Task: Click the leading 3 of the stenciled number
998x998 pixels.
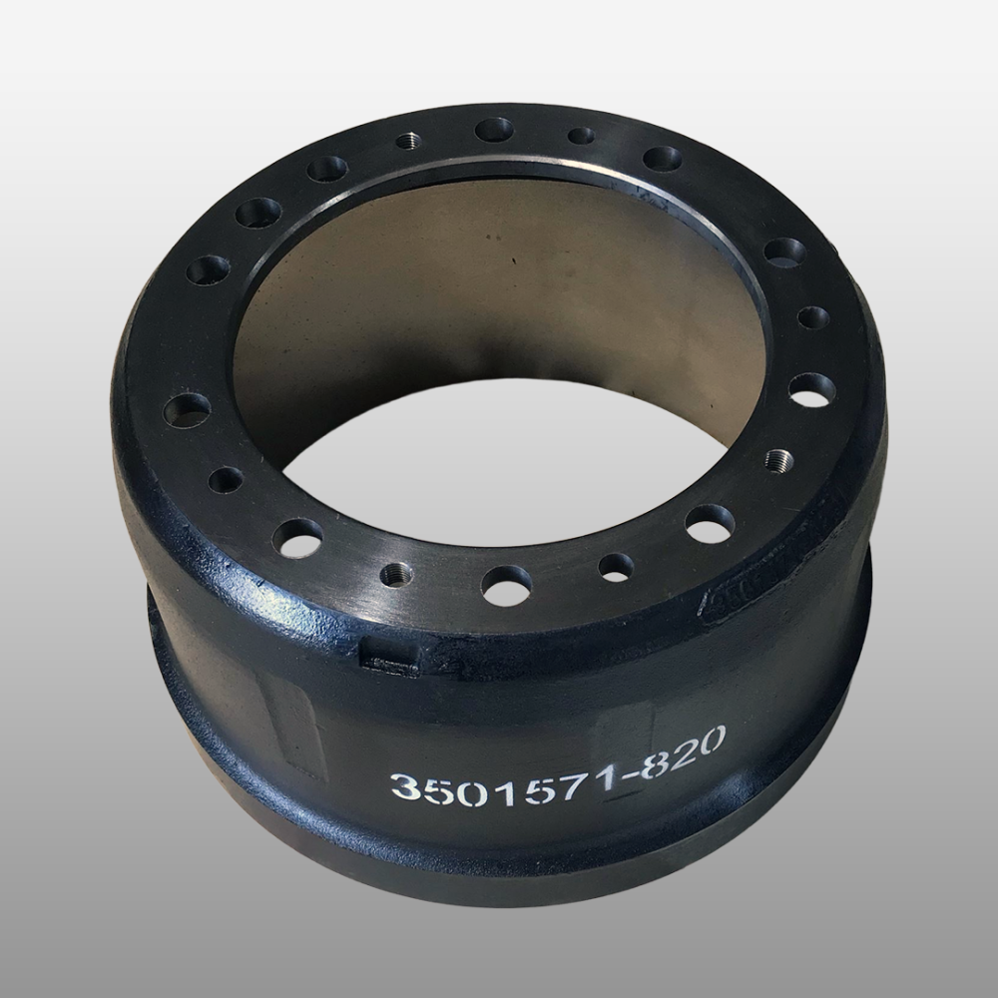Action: click(406, 788)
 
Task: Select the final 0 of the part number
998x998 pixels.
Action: click(709, 741)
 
